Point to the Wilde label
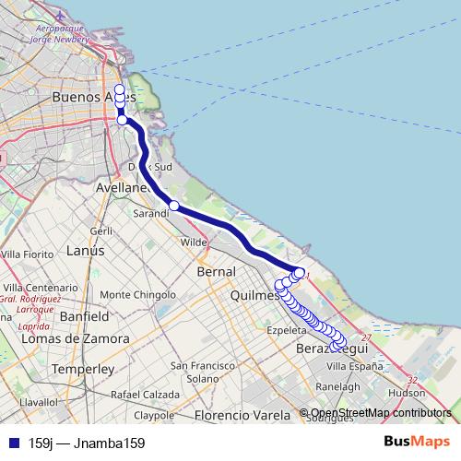point(194,242)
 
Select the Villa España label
point(354,366)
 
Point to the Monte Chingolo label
point(137,295)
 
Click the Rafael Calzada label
point(145,394)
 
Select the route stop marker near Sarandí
point(173,206)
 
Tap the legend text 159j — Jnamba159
point(87,443)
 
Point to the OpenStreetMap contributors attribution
point(381,413)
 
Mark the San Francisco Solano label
point(202,372)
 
